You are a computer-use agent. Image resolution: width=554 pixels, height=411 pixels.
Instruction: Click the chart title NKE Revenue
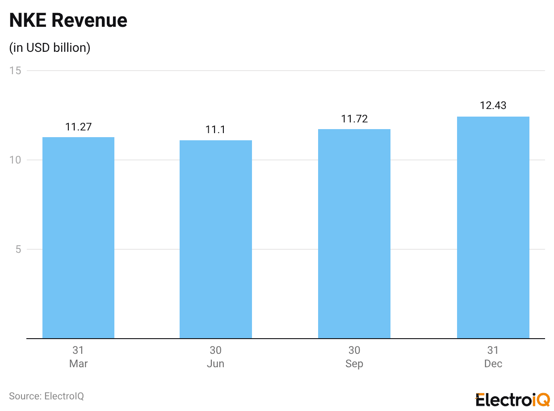68,21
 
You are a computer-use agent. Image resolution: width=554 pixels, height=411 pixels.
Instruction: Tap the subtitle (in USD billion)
50,48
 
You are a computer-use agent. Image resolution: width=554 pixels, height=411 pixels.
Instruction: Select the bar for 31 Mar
78,238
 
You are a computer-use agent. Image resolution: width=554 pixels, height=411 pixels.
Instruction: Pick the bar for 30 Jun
216,239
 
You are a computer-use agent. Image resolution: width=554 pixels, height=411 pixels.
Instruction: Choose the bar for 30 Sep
354,234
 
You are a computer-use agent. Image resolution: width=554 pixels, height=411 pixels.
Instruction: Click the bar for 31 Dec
493,227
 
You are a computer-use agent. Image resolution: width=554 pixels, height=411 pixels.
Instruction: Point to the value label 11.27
78,127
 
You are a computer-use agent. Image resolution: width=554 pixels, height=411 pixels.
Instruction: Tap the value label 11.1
216,130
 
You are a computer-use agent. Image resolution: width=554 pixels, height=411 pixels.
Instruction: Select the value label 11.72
354,119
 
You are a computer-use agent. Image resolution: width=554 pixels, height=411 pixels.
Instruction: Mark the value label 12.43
493,106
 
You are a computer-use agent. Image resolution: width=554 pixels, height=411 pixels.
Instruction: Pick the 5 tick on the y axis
18,249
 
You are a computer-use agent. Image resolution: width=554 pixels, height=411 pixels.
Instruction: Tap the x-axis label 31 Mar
78,357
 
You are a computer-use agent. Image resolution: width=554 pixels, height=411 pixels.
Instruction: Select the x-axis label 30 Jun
216,357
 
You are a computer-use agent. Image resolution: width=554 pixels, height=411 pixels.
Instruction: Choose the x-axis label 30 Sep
354,357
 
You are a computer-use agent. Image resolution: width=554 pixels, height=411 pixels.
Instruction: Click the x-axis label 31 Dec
493,357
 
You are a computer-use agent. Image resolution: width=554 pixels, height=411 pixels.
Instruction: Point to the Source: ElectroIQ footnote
46,396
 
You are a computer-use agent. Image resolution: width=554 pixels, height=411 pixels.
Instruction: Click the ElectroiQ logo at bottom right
512,399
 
